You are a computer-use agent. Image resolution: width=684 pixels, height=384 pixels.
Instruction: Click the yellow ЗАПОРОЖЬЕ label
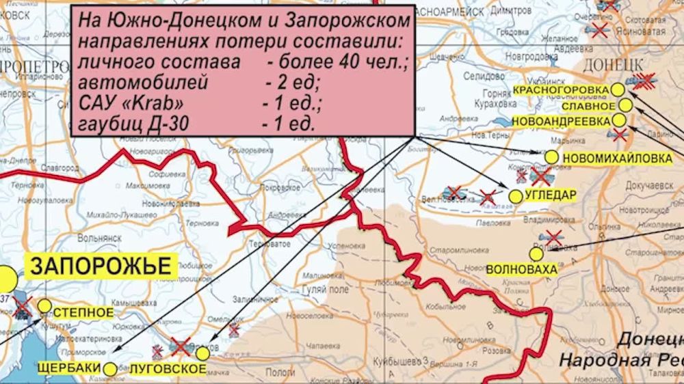[x=100, y=265]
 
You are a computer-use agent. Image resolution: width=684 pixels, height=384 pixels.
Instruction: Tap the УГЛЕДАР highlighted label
[x=551, y=195]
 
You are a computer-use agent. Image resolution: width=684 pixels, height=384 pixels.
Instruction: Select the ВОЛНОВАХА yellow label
[x=521, y=269]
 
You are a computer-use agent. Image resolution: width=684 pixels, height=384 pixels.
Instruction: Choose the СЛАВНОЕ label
[x=588, y=106]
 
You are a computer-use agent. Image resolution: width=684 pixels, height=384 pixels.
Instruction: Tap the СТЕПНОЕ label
[x=83, y=312]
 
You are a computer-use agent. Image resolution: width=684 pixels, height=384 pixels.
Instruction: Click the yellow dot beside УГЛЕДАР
[x=516, y=195]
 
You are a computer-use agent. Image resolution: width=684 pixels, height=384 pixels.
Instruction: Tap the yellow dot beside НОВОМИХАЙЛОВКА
[x=551, y=157]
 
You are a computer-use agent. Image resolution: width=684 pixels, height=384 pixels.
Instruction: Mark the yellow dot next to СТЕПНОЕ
[x=44, y=305]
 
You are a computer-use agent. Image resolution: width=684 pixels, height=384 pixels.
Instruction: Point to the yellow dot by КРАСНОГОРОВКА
[x=618, y=89]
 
